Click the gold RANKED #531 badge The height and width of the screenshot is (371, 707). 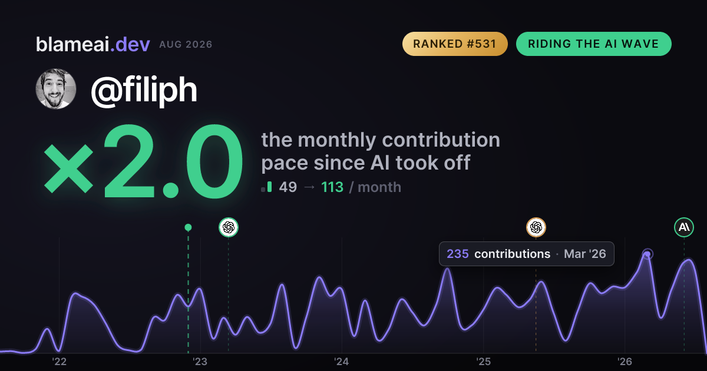click(x=455, y=44)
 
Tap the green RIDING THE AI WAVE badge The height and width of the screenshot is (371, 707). click(x=594, y=44)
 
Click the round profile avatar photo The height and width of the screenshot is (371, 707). click(x=56, y=89)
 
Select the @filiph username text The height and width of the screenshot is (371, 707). click(x=144, y=90)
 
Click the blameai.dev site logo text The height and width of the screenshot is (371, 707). click(x=93, y=44)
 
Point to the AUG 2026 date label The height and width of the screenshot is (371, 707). click(x=186, y=45)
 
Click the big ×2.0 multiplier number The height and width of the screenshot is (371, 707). click(x=144, y=161)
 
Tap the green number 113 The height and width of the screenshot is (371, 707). click(x=332, y=187)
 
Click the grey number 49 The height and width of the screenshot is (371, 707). click(x=288, y=187)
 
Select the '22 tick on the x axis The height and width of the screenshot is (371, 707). click(x=59, y=362)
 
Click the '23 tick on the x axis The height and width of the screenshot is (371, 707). click(x=200, y=362)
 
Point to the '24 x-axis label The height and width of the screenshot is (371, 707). click(x=342, y=362)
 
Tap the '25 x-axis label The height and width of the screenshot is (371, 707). click(x=483, y=362)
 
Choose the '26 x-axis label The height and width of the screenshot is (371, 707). click(x=625, y=362)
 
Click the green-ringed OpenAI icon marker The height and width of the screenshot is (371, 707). click(x=229, y=227)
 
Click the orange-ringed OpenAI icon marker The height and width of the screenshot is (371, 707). click(x=536, y=227)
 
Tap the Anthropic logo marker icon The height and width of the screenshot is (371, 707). click(x=684, y=227)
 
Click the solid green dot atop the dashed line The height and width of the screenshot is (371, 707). click(x=188, y=227)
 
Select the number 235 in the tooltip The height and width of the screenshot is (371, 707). click(x=458, y=254)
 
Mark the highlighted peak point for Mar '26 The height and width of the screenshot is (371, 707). click(x=647, y=254)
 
